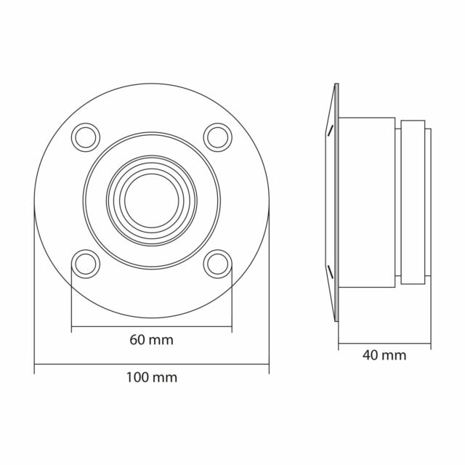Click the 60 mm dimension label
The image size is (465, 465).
152,340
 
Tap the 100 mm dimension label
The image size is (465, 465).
152,378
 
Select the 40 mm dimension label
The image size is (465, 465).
384,355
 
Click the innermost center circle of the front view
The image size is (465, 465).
152,174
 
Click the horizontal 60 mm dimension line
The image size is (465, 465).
152,327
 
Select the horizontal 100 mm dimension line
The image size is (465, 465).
152,364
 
